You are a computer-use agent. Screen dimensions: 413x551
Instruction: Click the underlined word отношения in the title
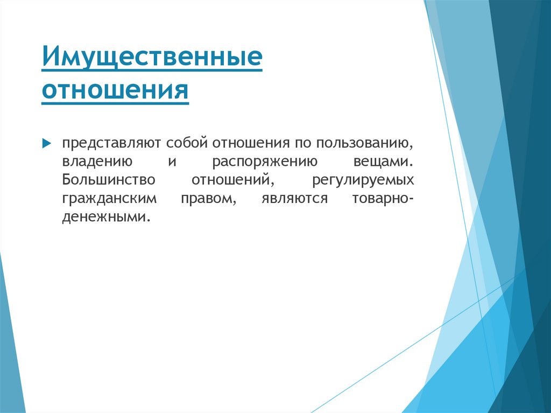pos(115,90)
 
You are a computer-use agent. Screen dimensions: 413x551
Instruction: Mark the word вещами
pos(384,162)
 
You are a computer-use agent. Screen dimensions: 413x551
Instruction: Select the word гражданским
pos(109,198)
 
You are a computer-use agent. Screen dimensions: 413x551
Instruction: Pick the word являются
pos(294,198)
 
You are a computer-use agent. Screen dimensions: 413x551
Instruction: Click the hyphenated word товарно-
pos(383,198)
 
